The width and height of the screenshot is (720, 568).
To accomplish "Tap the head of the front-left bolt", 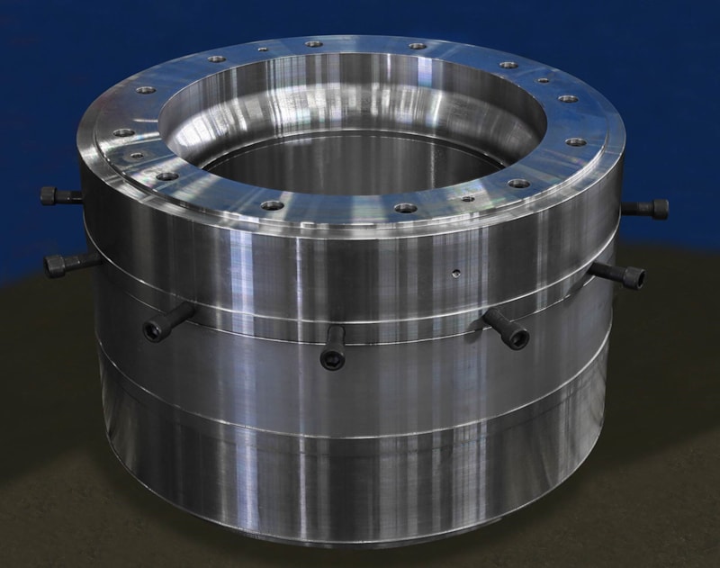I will tap(156, 331).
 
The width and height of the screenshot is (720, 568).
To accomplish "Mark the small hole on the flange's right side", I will tap(543, 80).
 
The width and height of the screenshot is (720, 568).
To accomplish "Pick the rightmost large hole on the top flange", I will tap(576, 142).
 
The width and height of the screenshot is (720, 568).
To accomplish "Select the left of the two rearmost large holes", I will tap(313, 42).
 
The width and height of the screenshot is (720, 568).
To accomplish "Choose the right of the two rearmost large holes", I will tap(417, 45).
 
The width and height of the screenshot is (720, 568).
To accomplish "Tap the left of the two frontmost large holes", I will tap(271, 205).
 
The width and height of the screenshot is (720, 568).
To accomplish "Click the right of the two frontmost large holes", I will tap(406, 208).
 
